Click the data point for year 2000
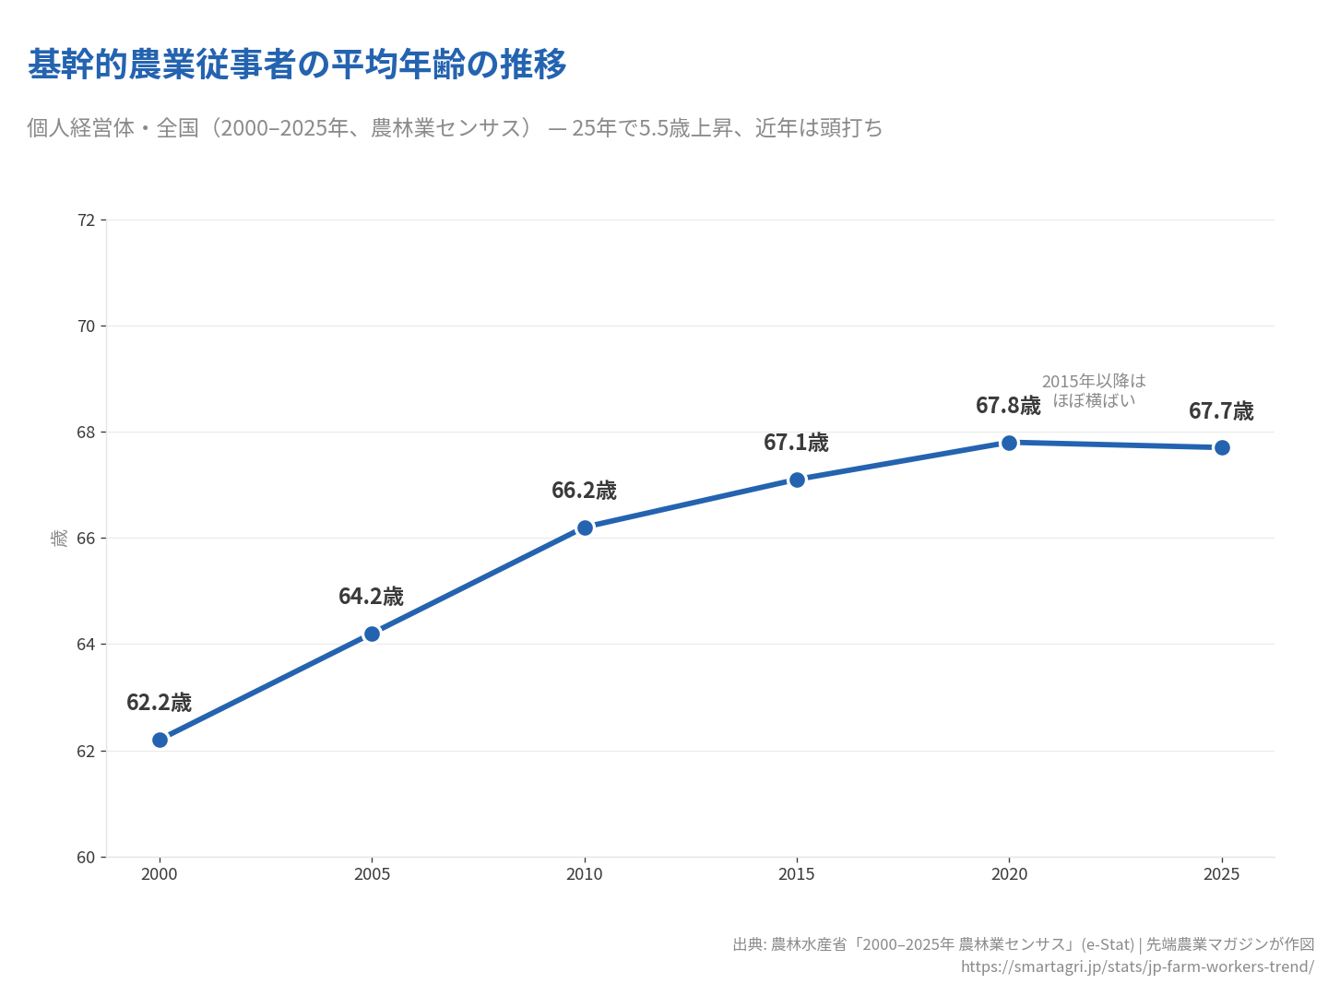(x=160, y=740)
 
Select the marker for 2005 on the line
(x=372, y=634)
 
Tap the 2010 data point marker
(x=585, y=528)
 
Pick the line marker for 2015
(x=797, y=480)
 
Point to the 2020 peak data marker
(x=1009, y=443)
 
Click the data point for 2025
(x=1222, y=447)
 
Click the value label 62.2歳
(x=159, y=703)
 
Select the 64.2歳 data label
(x=371, y=597)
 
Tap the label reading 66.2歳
(x=584, y=491)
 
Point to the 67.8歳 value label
(x=1008, y=406)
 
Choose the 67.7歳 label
(x=1221, y=411)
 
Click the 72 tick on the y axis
(x=87, y=220)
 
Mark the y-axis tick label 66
(x=87, y=539)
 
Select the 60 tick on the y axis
(x=87, y=858)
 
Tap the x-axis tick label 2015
(x=797, y=874)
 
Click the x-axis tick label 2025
(x=1222, y=874)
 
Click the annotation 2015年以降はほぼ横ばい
(x=1094, y=391)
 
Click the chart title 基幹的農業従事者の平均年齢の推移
(x=297, y=65)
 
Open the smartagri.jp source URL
(x=1137, y=966)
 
